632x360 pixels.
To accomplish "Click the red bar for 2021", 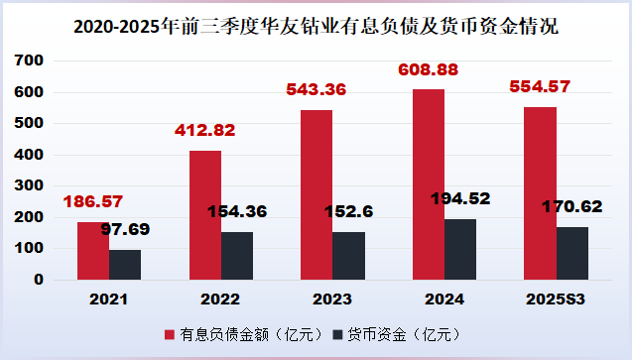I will click(x=93, y=251).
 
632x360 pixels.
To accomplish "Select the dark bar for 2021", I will click(x=125, y=264).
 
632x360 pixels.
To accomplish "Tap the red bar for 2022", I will click(x=205, y=215).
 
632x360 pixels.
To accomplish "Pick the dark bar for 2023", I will click(x=348, y=256).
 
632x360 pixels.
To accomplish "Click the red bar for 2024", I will click(x=429, y=184).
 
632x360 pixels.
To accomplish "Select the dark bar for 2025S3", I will click(x=572, y=253).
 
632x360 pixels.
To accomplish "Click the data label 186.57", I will click(x=94, y=202).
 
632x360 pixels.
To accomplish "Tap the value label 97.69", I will click(x=138, y=229).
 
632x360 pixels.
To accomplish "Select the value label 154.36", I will click(x=239, y=210).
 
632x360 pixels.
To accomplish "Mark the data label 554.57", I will click(x=540, y=87).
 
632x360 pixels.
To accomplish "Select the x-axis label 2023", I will click(x=332, y=299).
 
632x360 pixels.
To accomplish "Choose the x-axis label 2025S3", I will click(x=556, y=299).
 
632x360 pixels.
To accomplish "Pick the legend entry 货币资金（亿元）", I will click(x=396, y=334).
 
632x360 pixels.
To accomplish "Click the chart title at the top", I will click(x=316, y=27).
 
